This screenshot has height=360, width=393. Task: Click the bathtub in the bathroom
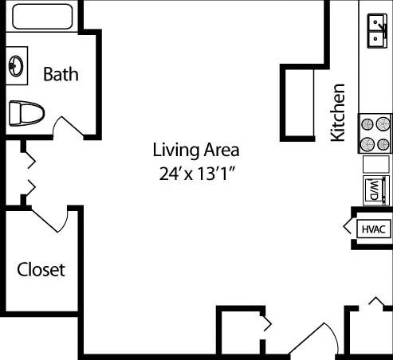[x=40, y=15]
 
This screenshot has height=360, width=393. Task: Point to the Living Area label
[x=196, y=149]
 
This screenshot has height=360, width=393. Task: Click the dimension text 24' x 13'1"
[x=196, y=174]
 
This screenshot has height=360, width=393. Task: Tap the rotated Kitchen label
[x=338, y=112]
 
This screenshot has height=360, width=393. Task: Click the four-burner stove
[x=375, y=134]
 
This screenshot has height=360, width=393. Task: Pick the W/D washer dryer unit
[x=375, y=190]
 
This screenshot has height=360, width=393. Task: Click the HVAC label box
[x=373, y=229]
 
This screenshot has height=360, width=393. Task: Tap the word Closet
[x=41, y=269]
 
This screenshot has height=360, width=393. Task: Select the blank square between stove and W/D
[x=375, y=164]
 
